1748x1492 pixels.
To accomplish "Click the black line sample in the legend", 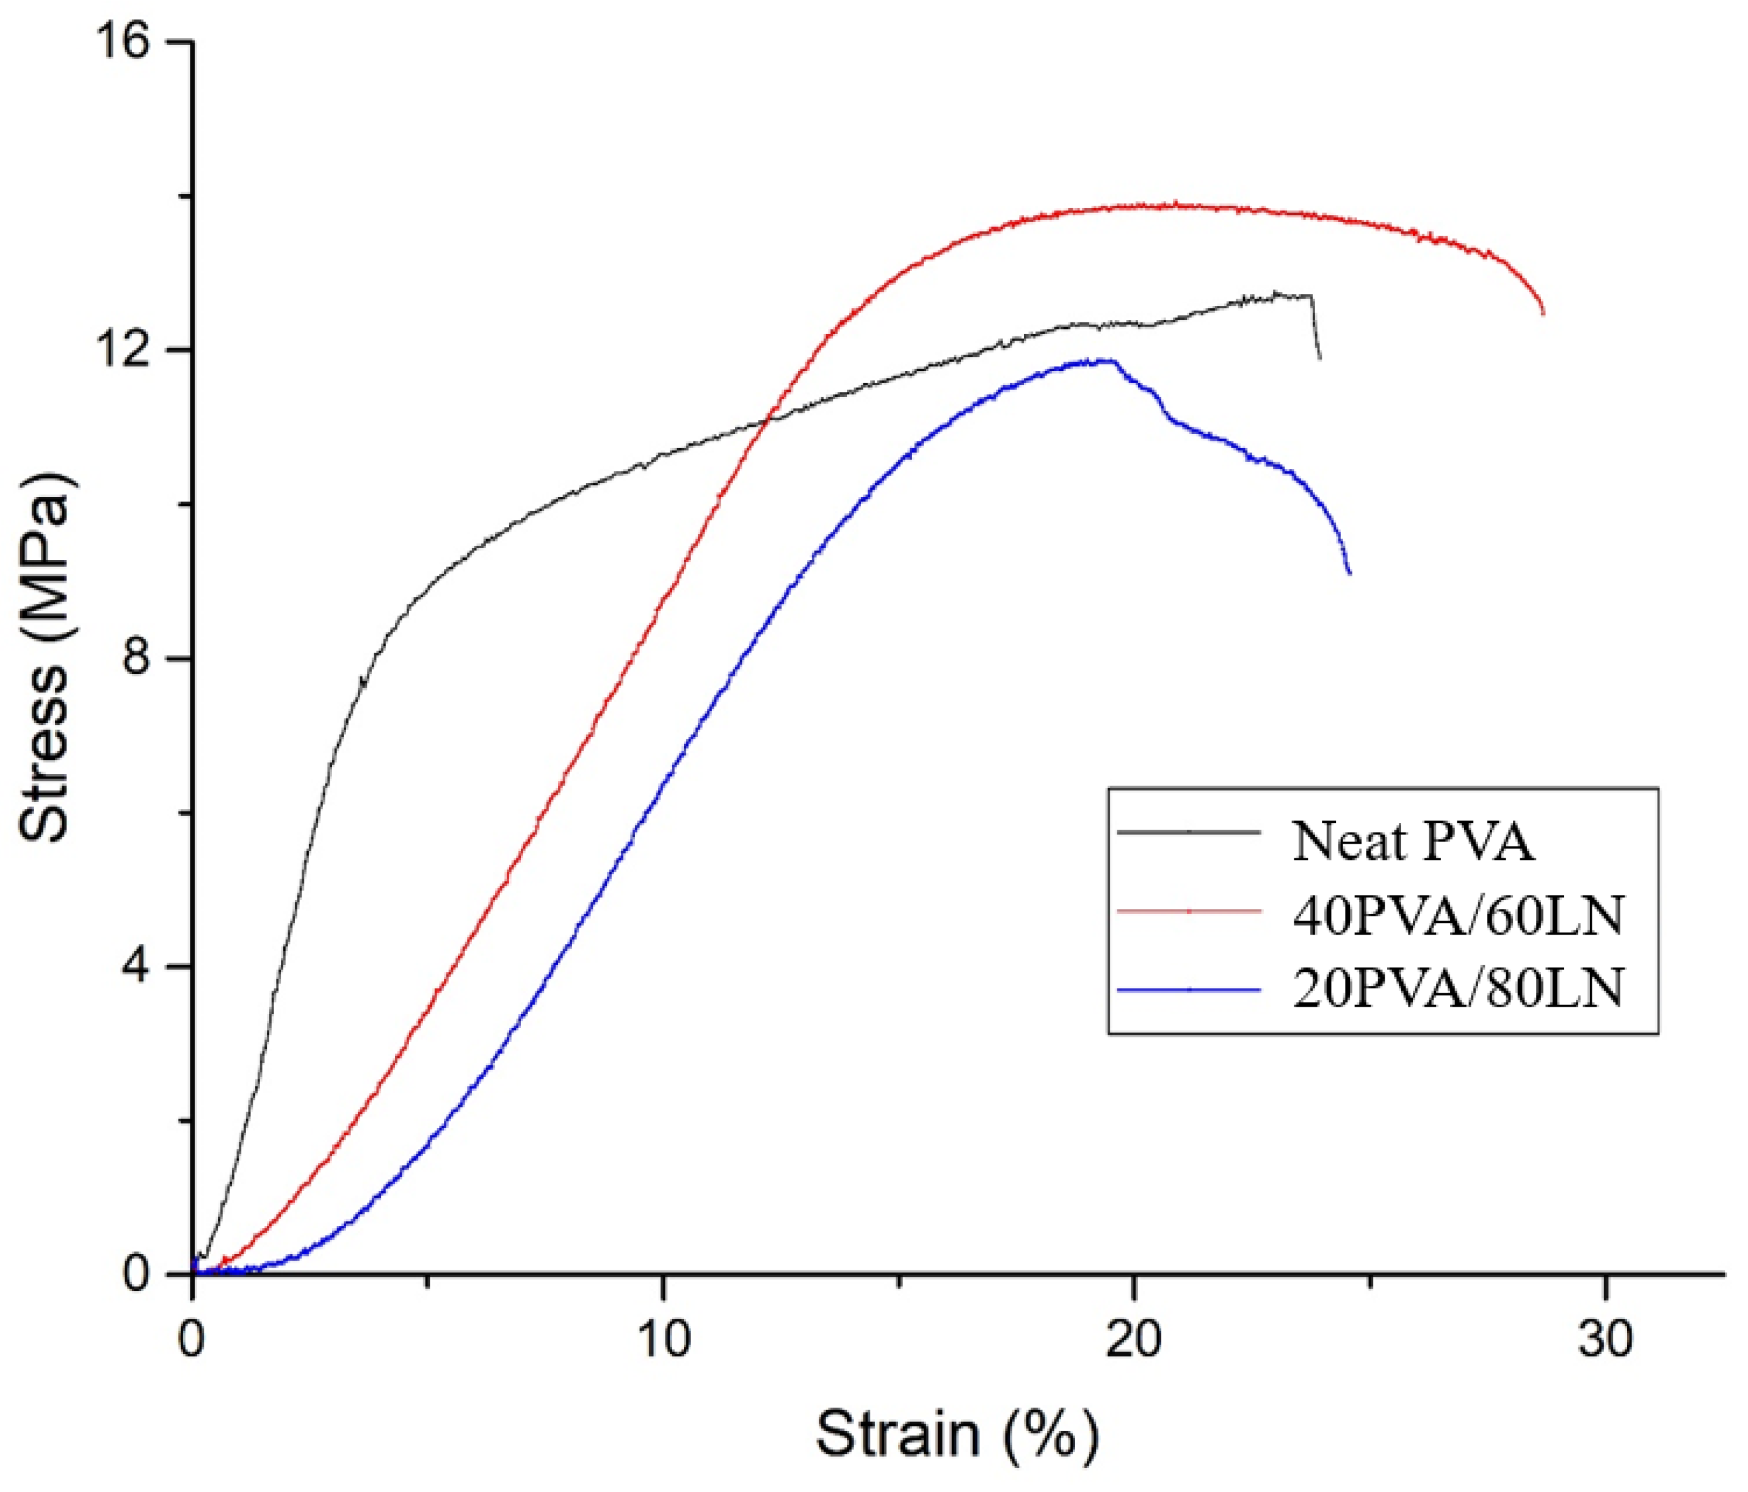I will click(1189, 831).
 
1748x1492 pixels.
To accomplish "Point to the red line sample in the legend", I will click(1189, 911).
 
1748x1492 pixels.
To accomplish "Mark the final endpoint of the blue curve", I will click(1350, 573).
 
